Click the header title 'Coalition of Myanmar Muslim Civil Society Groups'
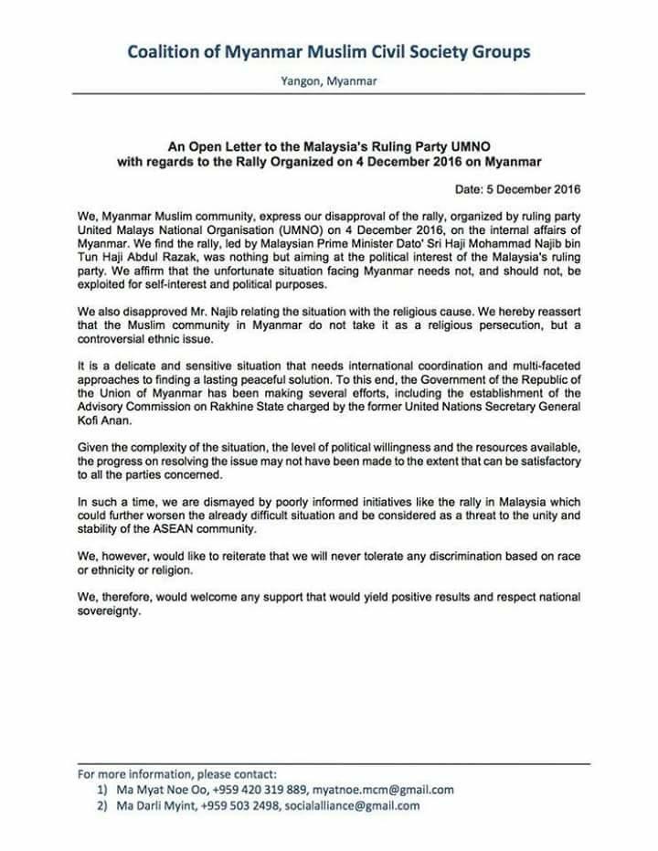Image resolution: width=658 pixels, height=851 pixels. [328, 52]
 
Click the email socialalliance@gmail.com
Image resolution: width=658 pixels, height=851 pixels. [352, 805]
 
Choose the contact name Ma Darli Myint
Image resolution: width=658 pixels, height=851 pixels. [151, 805]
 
